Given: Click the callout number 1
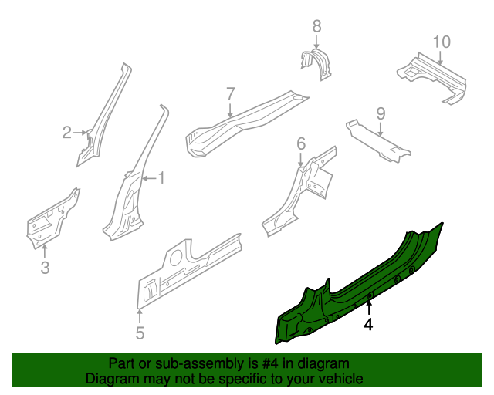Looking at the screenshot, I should pos(161,178).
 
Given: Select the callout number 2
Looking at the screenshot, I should pos(67,133).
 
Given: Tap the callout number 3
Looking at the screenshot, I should pos(45,268).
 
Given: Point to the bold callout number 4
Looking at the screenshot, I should pos(369,325).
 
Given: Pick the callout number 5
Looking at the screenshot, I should pos(140,333).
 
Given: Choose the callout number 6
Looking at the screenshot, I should pos(301,143).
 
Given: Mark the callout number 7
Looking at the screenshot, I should pos(230,94).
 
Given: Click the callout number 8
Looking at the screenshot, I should pos(316,28).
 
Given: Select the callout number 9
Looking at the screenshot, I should pos(381,113).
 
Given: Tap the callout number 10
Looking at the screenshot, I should pos(441,42).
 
